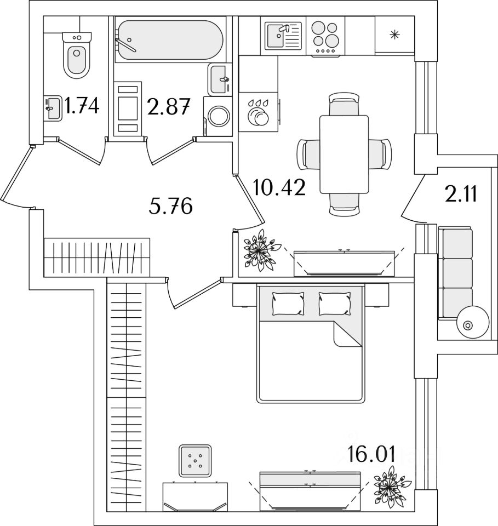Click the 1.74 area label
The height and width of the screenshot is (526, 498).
pos(82,105)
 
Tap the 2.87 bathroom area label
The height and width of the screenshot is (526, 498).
pos(169,107)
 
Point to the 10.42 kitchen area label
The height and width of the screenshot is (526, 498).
pos(279,187)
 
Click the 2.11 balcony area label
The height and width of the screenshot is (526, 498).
pos(461,194)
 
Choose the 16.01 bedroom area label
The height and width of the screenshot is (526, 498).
pos(371,454)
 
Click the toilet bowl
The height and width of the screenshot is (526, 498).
pos(77,56)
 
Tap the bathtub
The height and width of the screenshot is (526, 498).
pos(169,40)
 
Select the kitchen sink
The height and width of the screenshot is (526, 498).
pos(283,36)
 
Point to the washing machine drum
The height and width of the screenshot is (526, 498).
pos(219,116)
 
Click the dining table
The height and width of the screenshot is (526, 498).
pos(344,155)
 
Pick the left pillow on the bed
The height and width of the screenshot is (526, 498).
pos(288,304)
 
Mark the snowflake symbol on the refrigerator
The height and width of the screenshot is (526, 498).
pos(394,34)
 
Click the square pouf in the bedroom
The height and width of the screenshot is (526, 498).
pos(195,461)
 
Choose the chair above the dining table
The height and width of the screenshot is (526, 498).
pos(344,104)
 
